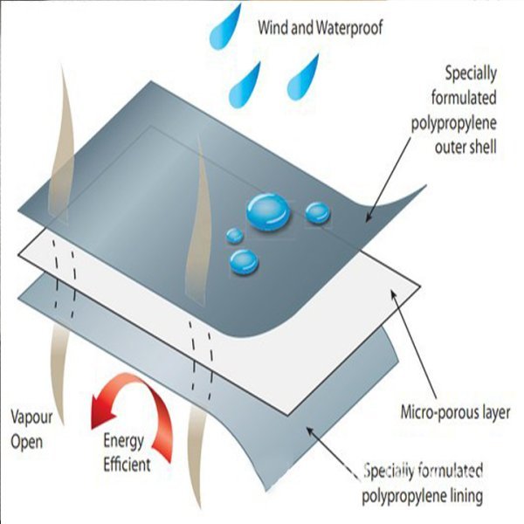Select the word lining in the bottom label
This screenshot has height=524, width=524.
click(x=462, y=498)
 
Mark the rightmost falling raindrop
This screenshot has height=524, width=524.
click(x=306, y=74)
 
